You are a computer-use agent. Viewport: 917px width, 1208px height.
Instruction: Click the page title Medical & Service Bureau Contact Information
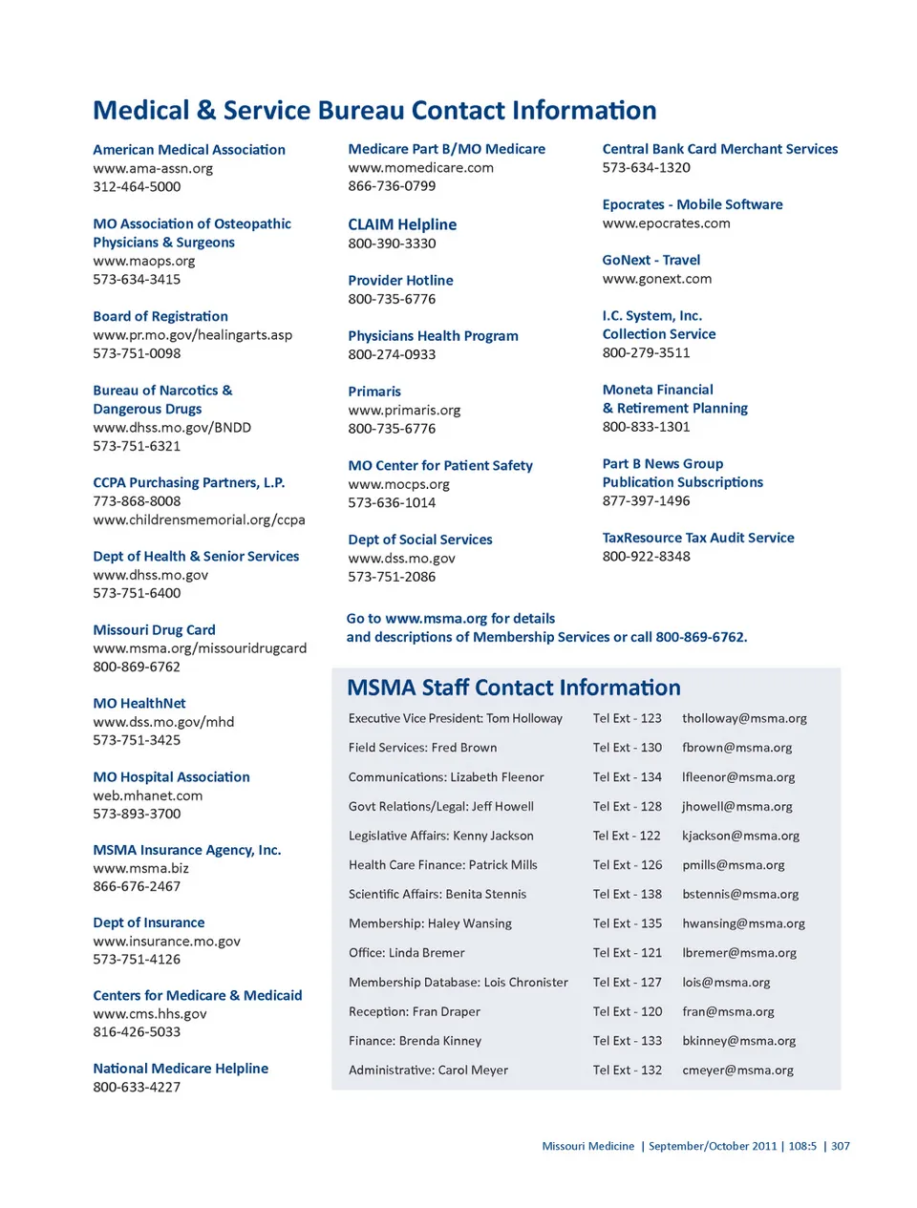coord(374,111)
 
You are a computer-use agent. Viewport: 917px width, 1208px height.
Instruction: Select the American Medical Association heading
coord(189,150)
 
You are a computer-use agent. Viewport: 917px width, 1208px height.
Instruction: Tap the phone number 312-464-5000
coord(137,187)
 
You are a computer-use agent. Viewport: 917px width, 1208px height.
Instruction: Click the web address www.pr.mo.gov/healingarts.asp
coord(193,335)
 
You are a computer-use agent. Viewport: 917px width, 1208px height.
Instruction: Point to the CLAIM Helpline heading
coord(402,224)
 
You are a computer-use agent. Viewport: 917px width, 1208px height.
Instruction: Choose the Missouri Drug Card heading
coord(154,630)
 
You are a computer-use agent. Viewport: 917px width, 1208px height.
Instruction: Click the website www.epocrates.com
coord(666,223)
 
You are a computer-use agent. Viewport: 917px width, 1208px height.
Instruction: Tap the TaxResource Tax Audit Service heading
coord(698,538)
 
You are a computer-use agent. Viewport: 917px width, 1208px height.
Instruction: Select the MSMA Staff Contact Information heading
coord(514,688)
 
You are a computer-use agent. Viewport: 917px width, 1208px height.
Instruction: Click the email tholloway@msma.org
coord(744,718)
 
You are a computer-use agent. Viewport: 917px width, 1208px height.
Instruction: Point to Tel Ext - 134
coord(627,777)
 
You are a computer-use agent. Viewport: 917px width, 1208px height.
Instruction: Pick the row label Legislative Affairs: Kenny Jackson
coord(441,836)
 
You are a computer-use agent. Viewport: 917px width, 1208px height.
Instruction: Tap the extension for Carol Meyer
coord(627,1070)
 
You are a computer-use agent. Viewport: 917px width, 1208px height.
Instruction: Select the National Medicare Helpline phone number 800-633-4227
coord(137,1088)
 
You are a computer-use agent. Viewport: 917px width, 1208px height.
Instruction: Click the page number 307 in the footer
coord(841,1146)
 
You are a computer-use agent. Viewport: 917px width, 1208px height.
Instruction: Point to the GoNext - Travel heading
coord(651,260)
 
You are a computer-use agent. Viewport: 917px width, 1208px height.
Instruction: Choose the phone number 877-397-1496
coord(646,501)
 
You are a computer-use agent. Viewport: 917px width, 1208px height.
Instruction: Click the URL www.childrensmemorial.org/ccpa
coord(199,520)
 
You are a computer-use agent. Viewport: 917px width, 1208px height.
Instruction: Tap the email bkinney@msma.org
coord(738,1041)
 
